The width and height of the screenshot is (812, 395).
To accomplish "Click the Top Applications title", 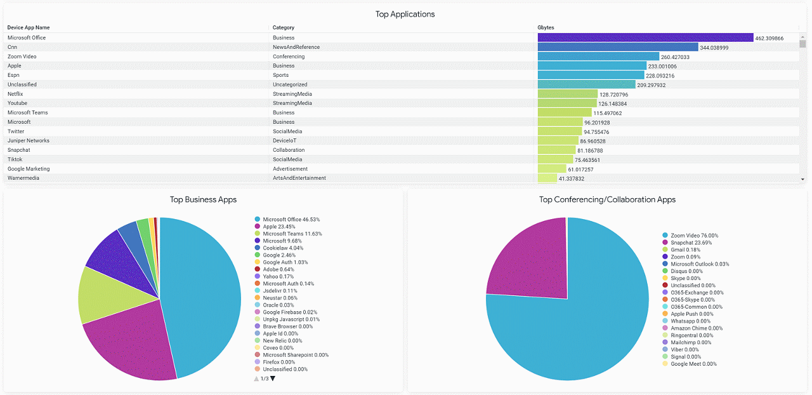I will coord(405,14).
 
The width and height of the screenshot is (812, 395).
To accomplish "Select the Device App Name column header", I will coord(29,28).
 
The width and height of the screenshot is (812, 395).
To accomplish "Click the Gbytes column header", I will coord(546,28).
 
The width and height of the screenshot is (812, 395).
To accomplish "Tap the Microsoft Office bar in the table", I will coord(645,38).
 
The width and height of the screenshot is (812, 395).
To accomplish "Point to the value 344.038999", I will coord(714,48).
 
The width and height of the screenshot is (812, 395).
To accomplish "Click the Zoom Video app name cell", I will coord(22,57).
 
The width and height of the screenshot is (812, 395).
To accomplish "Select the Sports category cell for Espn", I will coord(280,75).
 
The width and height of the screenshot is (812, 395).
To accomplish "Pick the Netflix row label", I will coord(15,94).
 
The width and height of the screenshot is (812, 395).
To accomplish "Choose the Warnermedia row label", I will coord(23,178).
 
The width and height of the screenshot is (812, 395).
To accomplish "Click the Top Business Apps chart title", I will coord(203,199).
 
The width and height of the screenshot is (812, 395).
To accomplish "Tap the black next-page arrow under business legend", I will coord(273,378).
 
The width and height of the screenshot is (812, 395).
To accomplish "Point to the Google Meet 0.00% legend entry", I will coord(693,364).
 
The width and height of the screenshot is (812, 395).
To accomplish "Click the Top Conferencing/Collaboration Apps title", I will coord(607,199).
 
